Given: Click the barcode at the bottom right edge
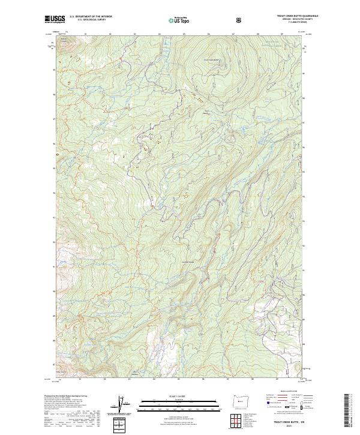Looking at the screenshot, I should click(347, 410).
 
